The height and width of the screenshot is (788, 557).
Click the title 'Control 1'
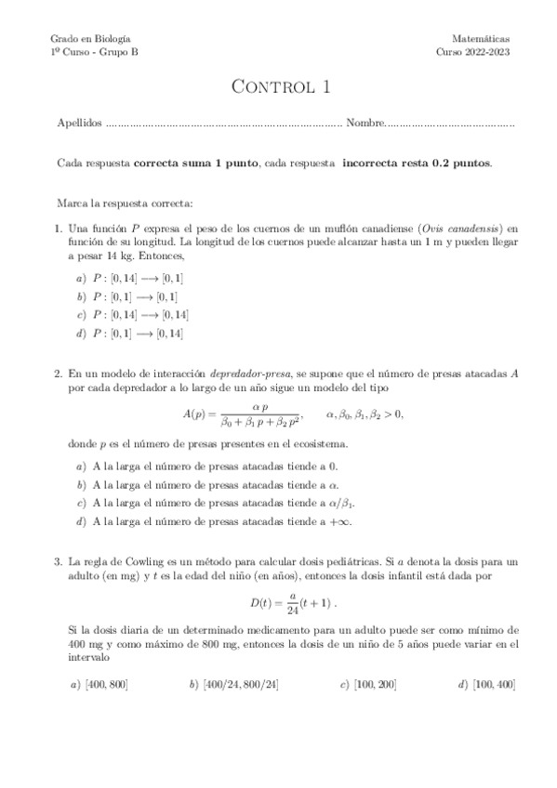point(279,89)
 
